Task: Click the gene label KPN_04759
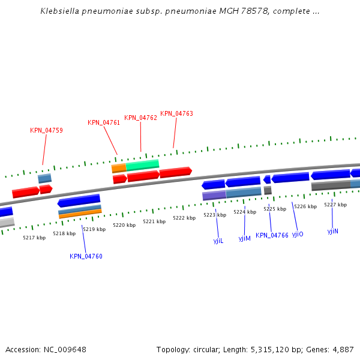pos(46,130)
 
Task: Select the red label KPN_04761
pos(104,122)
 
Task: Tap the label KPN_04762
pos(140,118)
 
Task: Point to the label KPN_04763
pos(176,113)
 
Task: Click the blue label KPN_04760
pos(86,256)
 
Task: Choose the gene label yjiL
pos(218,241)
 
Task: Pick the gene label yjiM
pos(244,238)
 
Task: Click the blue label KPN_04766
pos(272,235)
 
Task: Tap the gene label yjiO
pos(298,234)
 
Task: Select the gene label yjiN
pos(333,231)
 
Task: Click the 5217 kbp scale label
pos(34,238)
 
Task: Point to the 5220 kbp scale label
pos(124,225)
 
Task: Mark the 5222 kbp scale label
pos(184,218)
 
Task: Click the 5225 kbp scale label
pos(275,209)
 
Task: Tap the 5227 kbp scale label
pos(335,205)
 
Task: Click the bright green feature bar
pos(142,164)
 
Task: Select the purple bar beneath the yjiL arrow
pos(214,196)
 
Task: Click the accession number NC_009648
pos(65,349)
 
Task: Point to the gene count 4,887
pos(343,349)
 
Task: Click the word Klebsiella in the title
pos(59,11)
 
